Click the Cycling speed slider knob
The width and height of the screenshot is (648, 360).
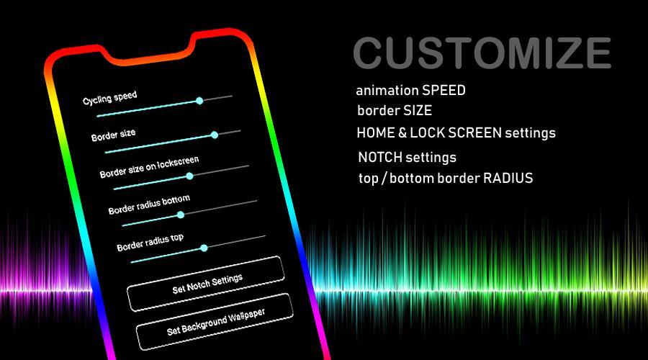point(199,100)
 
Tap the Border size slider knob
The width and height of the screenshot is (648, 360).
point(214,135)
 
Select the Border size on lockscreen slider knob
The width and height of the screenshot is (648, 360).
point(189,176)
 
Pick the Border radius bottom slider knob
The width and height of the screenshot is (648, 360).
point(181,215)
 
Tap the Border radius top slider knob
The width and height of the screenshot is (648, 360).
point(204,248)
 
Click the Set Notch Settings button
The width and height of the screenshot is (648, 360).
point(206,284)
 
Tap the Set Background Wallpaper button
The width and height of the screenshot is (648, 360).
point(215,322)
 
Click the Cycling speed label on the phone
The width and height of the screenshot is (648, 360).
point(109,98)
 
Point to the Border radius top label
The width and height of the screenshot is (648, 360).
point(150,243)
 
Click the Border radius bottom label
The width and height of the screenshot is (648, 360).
point(149,204)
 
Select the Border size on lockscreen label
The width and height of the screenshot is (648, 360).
point(149,167)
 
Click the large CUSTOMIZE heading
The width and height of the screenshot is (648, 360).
point(482,53)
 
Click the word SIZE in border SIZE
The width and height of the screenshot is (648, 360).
point(418,110)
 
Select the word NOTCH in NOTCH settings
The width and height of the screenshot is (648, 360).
point(380,157)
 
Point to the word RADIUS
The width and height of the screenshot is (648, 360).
point(508,178)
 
